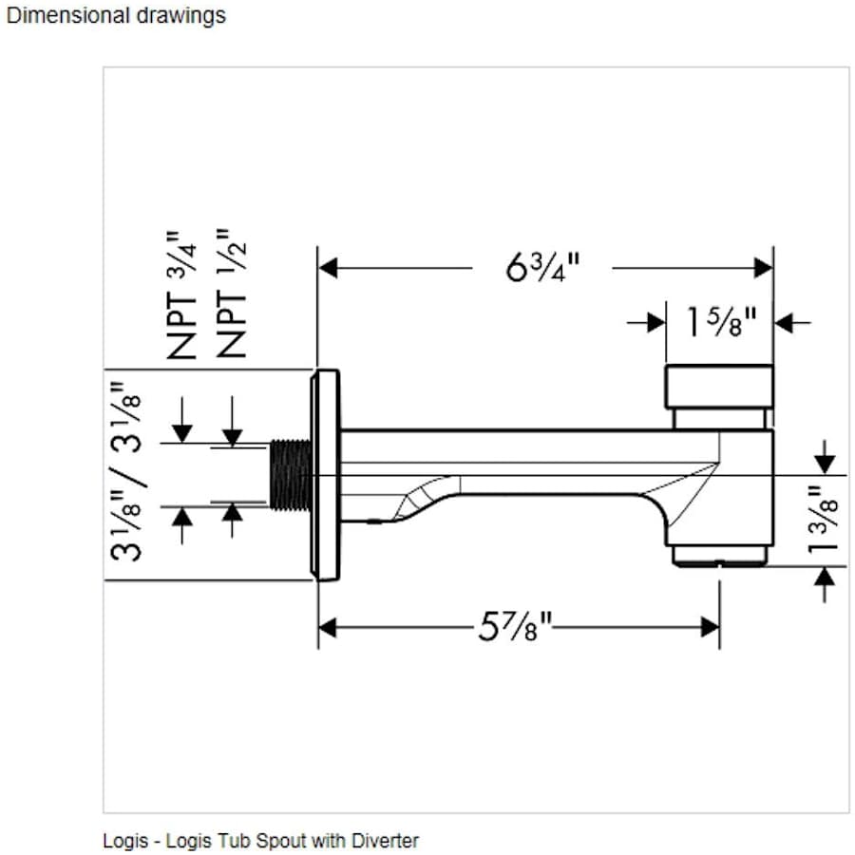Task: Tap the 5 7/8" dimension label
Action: click(516, 627)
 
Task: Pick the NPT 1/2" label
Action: click(231, 294)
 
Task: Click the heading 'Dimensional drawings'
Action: click(116, 15)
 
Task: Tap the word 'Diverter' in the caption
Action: click(388, 841)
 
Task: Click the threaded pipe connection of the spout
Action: click(290, 473)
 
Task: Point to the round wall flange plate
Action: click(326, 473)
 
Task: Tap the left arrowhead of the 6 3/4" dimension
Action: click(328, 268)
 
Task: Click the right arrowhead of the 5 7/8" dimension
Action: click(710, 627)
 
